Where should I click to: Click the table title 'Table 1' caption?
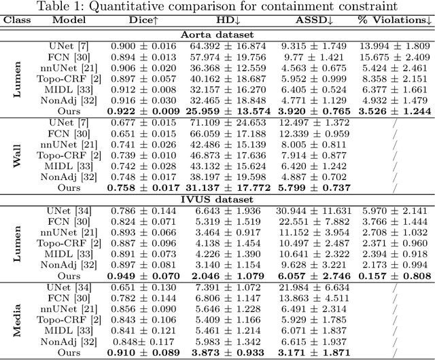tap(217, 7)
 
